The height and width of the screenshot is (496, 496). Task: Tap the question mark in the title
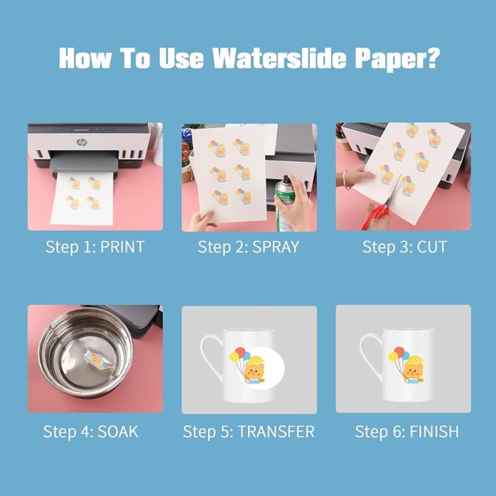point(433,58)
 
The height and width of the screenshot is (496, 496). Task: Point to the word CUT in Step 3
point(432,247)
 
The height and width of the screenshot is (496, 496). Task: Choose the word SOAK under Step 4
point(118,432)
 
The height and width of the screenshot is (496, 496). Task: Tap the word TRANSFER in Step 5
point(276,432)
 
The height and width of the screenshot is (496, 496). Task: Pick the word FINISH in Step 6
point(434,432)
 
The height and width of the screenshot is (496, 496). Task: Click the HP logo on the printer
point(82,142)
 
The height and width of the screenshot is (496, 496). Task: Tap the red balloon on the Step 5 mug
point(240,352)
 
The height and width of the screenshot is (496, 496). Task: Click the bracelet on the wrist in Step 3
point(344,180)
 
